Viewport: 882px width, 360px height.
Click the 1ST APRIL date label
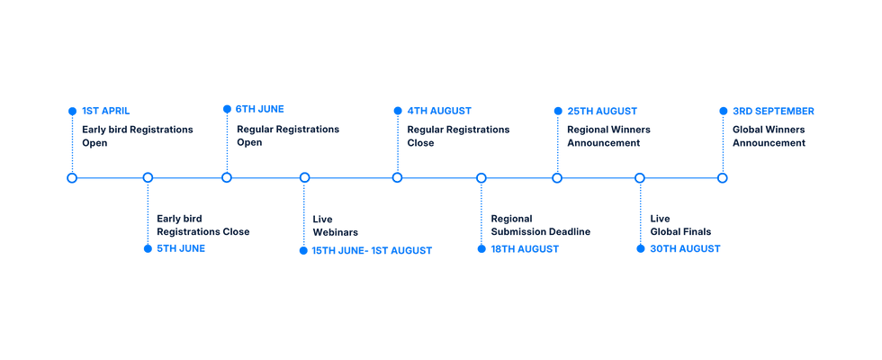[106, 111]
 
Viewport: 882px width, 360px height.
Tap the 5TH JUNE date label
[181, 248]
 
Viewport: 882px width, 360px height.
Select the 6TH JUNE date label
[260, 109]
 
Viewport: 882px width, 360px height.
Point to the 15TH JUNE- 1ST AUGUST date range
[372, 251]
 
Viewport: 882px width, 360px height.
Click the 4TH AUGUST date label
[439, 111]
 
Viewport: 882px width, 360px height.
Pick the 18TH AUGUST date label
[525, 248]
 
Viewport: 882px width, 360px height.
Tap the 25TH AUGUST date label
[602, 111]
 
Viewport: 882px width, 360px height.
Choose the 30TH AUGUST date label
[685, 248]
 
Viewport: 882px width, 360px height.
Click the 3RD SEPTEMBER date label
[773, 111]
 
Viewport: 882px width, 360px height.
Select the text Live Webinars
[335, 226]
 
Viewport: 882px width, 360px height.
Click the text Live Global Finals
[680, 225]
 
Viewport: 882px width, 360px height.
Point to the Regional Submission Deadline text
[541, 225]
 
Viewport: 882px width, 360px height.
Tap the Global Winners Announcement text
[769, 136]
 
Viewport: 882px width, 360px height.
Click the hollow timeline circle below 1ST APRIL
[72, 178]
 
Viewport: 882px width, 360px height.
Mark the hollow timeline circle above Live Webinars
[304, 178]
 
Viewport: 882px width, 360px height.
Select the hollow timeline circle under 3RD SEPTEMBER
[723, 178]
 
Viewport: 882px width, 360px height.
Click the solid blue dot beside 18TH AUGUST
[481, 248]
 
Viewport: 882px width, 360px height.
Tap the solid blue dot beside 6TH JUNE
[227, 109]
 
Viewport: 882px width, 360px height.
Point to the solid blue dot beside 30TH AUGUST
[640, 248]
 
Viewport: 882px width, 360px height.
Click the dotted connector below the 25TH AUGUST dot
[557, 144]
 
